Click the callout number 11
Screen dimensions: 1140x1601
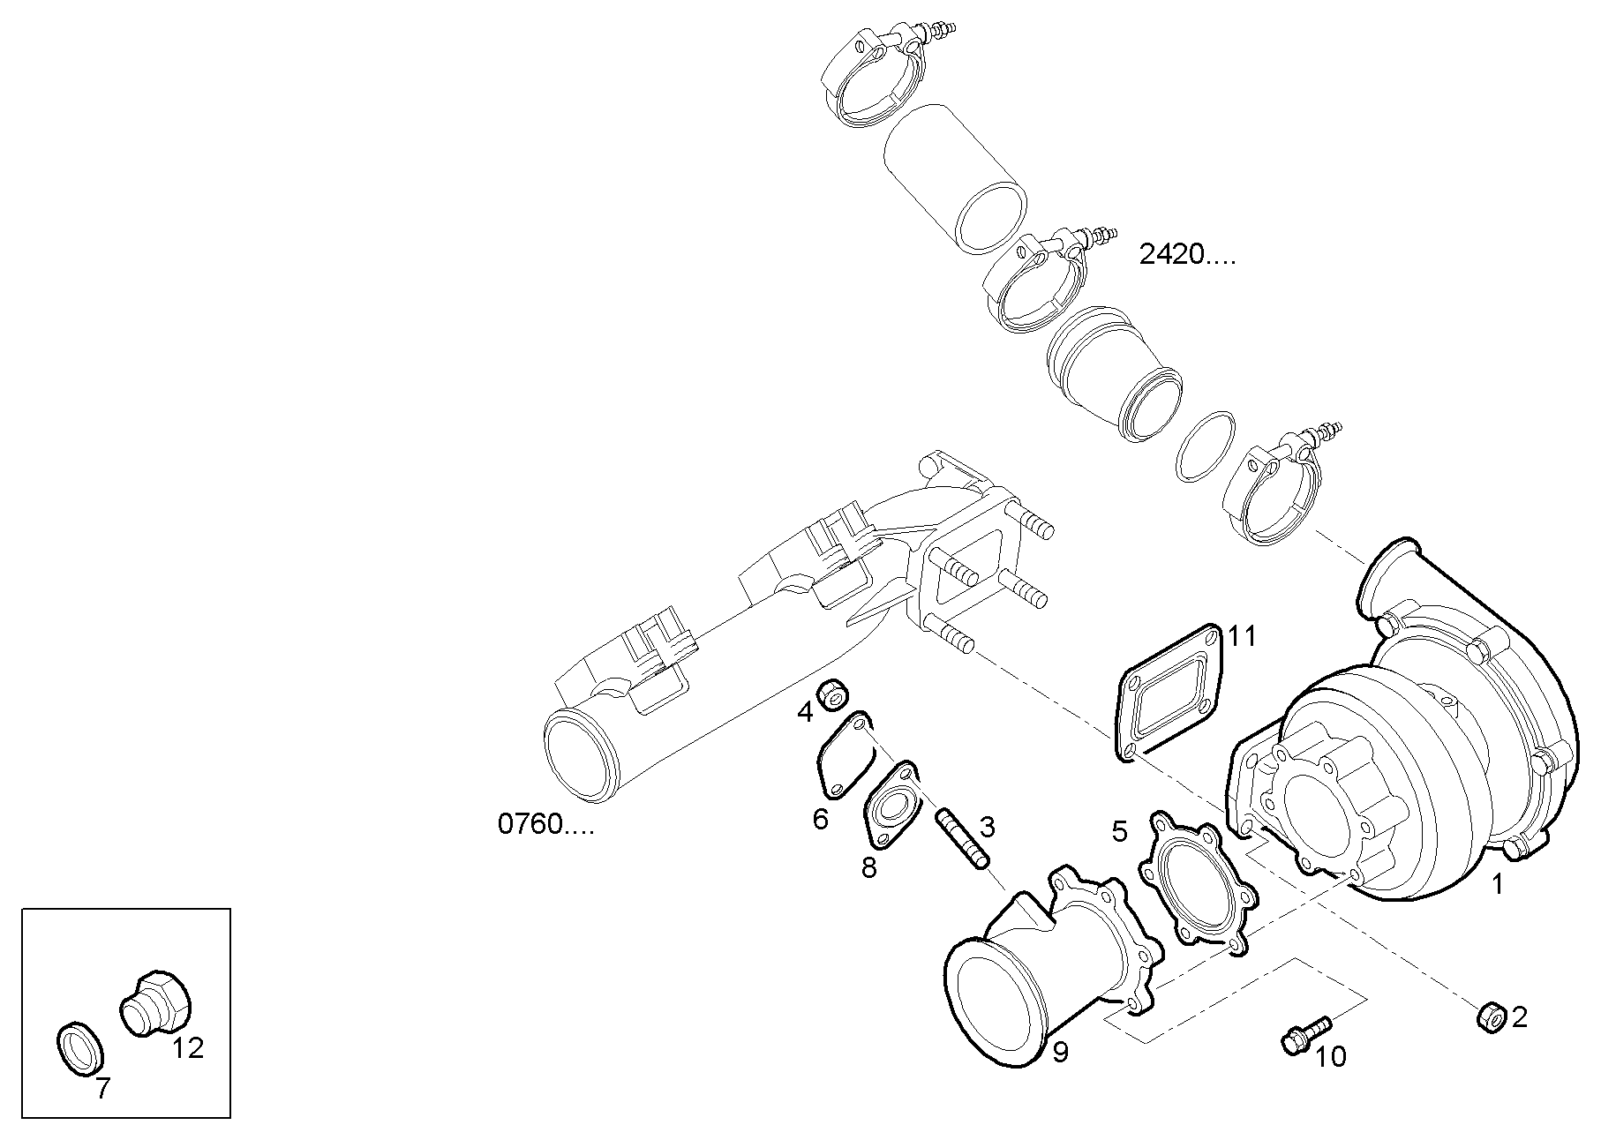coord(1241,636)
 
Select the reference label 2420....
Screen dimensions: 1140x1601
coord(1186,256)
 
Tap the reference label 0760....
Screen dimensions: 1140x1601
coord(545,824)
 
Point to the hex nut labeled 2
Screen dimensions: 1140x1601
coord(1490,1016)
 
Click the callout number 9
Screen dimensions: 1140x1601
coord(1060,1052)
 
